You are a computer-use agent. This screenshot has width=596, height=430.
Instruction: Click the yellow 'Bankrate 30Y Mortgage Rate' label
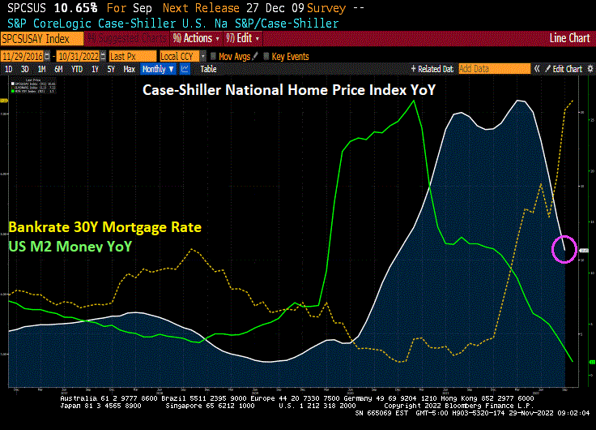point(104,227)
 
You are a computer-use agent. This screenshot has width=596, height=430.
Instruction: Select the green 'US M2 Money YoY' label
point(70,245)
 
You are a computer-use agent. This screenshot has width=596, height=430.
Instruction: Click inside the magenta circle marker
point(565,248)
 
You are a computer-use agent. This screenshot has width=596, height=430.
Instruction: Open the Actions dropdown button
point(197,38)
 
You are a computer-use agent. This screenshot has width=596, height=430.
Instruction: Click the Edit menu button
point(244,38)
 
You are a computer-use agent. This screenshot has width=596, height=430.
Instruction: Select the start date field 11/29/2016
point(26,56)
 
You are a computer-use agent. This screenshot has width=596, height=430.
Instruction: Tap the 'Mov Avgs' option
point(235,56)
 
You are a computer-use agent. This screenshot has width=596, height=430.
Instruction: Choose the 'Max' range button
point(128,69)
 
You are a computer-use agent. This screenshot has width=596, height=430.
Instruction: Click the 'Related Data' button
point(433,69)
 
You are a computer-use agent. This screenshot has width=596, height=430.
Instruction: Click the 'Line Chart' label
point(569,38)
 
